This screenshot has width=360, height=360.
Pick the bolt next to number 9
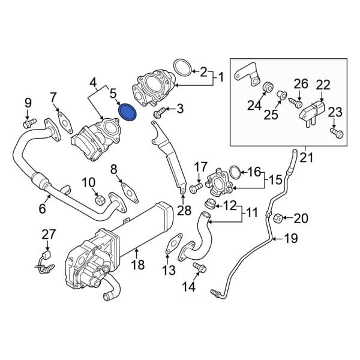(26, 123)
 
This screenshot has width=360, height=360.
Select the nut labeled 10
(100, 198)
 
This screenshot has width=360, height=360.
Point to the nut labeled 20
(278, 218)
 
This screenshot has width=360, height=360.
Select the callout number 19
(290, 239)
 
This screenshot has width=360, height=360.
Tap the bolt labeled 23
(335, 131)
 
